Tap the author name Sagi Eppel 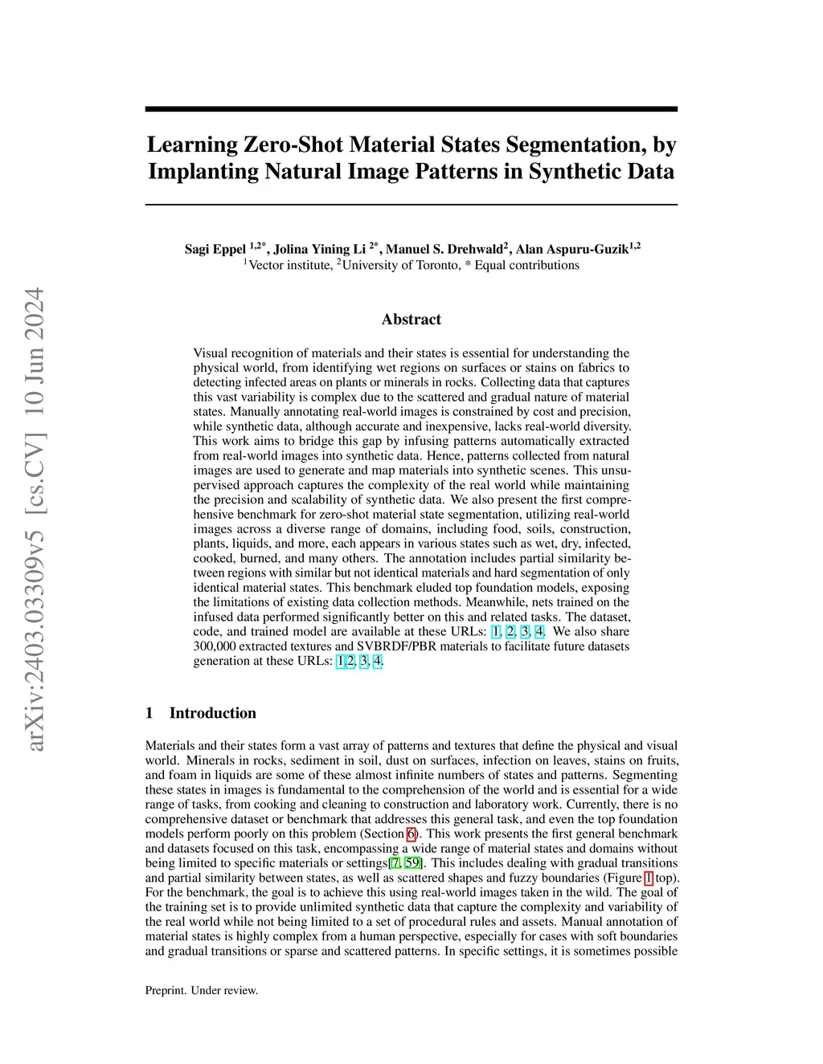pos(215,249)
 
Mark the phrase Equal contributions pos(526,265)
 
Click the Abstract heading pos(411,320)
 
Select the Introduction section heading pos(212,713)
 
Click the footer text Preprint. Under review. pos(202,990)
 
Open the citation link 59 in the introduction pos(412,863)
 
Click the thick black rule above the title pos(411,109)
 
